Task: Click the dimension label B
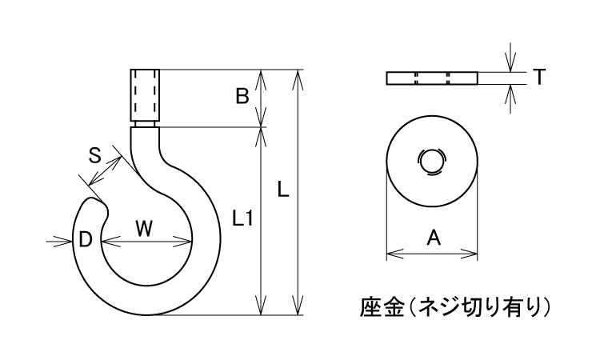(241, 97)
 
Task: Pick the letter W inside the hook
(144, 229)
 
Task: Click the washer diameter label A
(433, 237)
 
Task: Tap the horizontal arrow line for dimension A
(432, 255)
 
